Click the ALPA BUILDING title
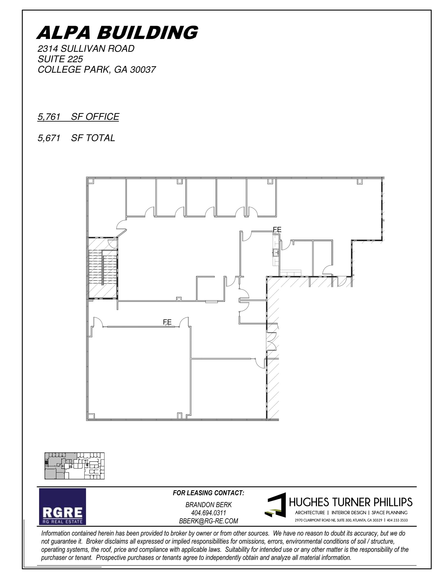[x=117, y=33]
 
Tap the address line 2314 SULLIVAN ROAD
[x=86, y=49]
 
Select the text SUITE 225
[x=60, y=59]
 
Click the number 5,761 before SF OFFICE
[x=49, y=116]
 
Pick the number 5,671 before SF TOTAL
[x=49, y=138]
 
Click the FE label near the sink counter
[x=277, y=230]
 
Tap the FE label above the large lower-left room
[x=167, y=322]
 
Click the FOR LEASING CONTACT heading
[x=209, y=493]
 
